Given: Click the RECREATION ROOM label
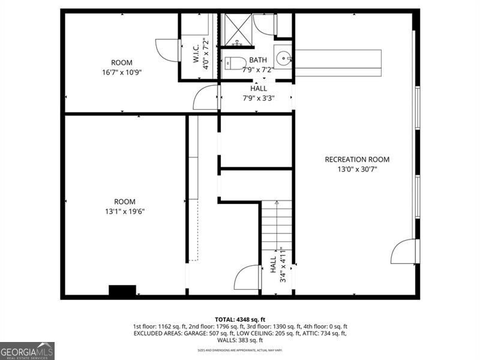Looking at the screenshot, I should pyautogui.click(x=357, y=160).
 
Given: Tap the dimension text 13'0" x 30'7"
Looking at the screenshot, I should pyautogui.click(x=357, y=169).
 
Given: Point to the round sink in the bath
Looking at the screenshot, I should pyautogui.click(x=283, y=59).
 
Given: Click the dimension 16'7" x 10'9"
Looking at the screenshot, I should pyautogui.click(x=122, y=72).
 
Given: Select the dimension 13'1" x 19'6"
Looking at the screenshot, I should pyautogui.click(x=125, y=211).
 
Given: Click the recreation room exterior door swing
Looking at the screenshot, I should pyautogui.click(x=404, y=252).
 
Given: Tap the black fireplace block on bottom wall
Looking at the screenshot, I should pyautogui.click(x=122, y=291).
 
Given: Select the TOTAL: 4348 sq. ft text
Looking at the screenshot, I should pyautogui.click(x=240, y=319).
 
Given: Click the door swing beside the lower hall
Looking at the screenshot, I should pyautogui.click(x=247, y=278).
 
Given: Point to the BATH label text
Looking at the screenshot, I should pyautogui.click(x=258, y=60).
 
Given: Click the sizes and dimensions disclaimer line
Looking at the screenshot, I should pyautogui.click(x=240, y=350).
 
